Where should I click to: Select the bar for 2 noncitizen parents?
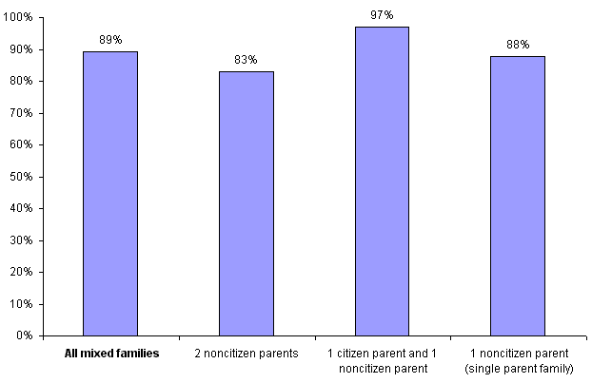(246, 203)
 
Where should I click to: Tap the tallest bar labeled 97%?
(382, 181)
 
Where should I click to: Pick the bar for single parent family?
(518, 195)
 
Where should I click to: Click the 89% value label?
(109, 40)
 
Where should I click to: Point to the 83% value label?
(246, 60)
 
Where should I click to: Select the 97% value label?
(382, 15)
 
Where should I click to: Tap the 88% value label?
(518, 45)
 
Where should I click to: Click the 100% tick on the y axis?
(20, 18)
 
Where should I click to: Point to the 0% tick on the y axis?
(26, 335)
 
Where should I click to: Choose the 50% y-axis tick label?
(23, 177)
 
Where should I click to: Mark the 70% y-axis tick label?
(23, 113)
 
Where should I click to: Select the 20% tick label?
(23, 272)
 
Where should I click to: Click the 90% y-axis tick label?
(23, 49)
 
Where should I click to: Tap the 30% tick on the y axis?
(23, 240)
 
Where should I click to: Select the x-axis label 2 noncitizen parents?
(246, 354)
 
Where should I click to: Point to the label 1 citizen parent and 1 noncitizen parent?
(382, 360)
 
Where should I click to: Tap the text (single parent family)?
(518, 368)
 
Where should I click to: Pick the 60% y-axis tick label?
(23, 145)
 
